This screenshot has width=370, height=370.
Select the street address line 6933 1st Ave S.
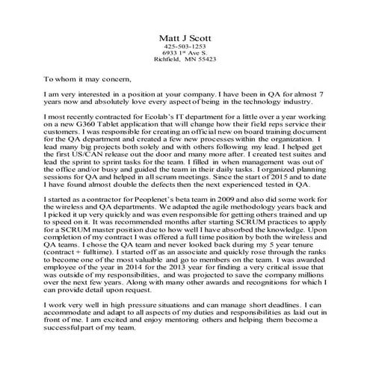click(x=185, y=55)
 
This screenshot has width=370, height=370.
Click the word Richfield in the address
click(x=168, y=63)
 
